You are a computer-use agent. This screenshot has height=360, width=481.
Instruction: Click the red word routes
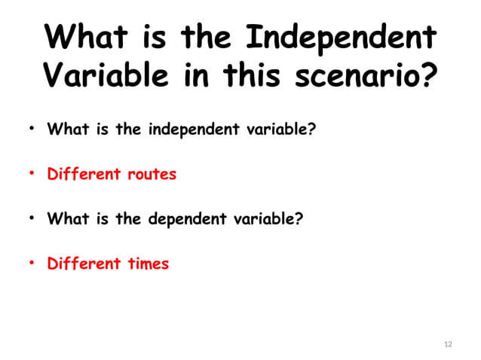(x=151, y=175)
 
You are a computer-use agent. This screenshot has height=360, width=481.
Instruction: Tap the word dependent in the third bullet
(x=184, y=220)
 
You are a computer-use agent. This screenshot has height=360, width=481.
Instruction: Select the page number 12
(x=449, y=344)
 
